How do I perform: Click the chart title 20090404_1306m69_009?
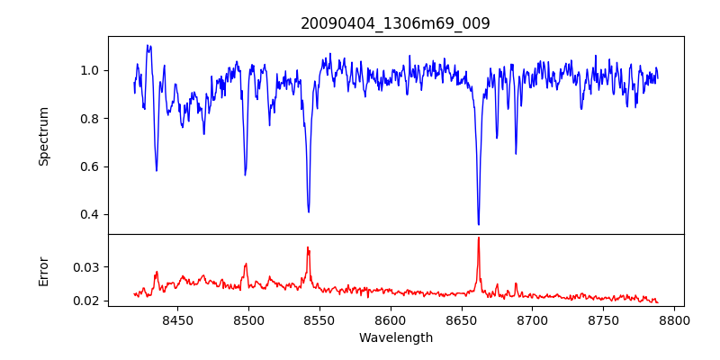395,23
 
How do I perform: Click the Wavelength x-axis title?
395,338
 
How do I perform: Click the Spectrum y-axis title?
44,136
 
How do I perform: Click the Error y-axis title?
44,270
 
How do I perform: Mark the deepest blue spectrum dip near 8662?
479,224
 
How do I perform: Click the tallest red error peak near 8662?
479,238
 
